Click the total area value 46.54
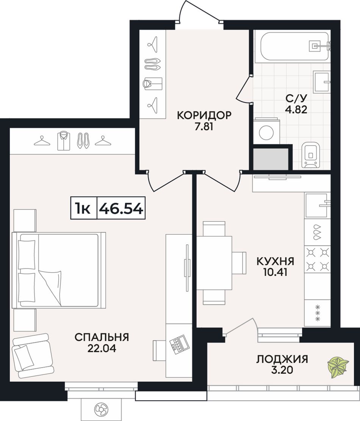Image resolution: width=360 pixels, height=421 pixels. (121, 208)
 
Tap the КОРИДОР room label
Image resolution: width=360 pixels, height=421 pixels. (204, 115)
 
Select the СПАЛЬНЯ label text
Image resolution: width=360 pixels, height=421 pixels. (102, 337)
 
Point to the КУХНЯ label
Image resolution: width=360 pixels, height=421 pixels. (275, 261)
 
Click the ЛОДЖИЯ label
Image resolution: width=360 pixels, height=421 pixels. (282, 359)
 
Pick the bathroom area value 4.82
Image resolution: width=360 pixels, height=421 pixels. (296, 109)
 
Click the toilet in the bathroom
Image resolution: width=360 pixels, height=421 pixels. (311, 155)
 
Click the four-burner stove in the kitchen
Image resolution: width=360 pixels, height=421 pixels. (318, 259)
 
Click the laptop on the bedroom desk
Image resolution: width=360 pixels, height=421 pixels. (178, 343)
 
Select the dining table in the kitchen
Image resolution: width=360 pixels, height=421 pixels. (214, 263)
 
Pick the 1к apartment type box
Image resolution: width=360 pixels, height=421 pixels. (83, 208)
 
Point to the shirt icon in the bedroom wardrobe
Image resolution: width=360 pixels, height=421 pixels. (63, 140)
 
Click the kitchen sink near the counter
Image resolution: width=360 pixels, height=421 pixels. (318, 205)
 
